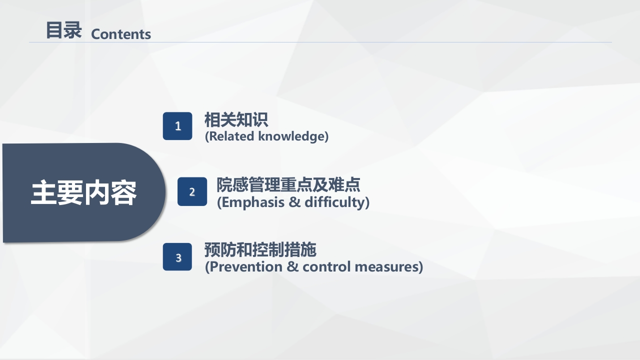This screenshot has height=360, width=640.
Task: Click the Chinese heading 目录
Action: point(63,30)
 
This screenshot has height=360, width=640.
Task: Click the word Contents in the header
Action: point(121,34)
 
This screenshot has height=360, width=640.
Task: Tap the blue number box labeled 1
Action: point(177,126)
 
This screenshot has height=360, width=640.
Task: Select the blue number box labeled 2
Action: point(192,191)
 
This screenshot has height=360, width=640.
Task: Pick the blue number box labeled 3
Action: point(177,257)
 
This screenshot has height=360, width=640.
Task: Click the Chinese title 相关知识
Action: point(236,120)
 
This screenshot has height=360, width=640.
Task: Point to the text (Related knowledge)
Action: point(266,136)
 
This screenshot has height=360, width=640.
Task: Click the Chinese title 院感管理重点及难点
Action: point(288,185)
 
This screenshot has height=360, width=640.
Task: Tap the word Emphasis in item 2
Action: point(249,202)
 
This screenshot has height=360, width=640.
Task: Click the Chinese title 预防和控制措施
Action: point(260,249)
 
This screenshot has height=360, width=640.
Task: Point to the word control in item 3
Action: point(327,267)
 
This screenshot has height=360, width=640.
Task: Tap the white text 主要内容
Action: point(83,193)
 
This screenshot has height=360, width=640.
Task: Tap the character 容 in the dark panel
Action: point(123,193)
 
